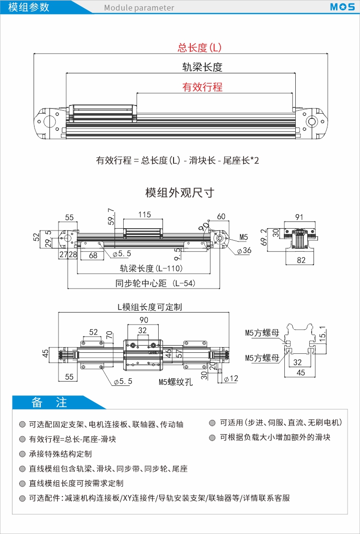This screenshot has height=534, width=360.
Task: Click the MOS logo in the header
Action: (342, 7)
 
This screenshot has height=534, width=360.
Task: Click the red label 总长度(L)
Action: (199, 47)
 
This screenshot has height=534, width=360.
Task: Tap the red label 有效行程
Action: (202, 87)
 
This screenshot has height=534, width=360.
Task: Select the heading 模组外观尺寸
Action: (180, 193)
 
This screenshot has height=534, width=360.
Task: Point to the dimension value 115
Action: (144, 215)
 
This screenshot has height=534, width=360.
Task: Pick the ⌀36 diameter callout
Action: (244, 251)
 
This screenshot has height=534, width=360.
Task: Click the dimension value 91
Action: (299, 217)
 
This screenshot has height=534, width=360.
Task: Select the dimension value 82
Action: (301, 261)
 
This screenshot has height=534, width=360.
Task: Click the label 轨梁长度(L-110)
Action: (151, 269)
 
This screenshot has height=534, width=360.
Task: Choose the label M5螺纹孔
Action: (176, 382)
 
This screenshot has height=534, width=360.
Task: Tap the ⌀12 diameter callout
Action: (231, 378)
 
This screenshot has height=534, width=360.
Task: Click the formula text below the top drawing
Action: (177, 160)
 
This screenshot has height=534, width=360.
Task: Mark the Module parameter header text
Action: (139, 8)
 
